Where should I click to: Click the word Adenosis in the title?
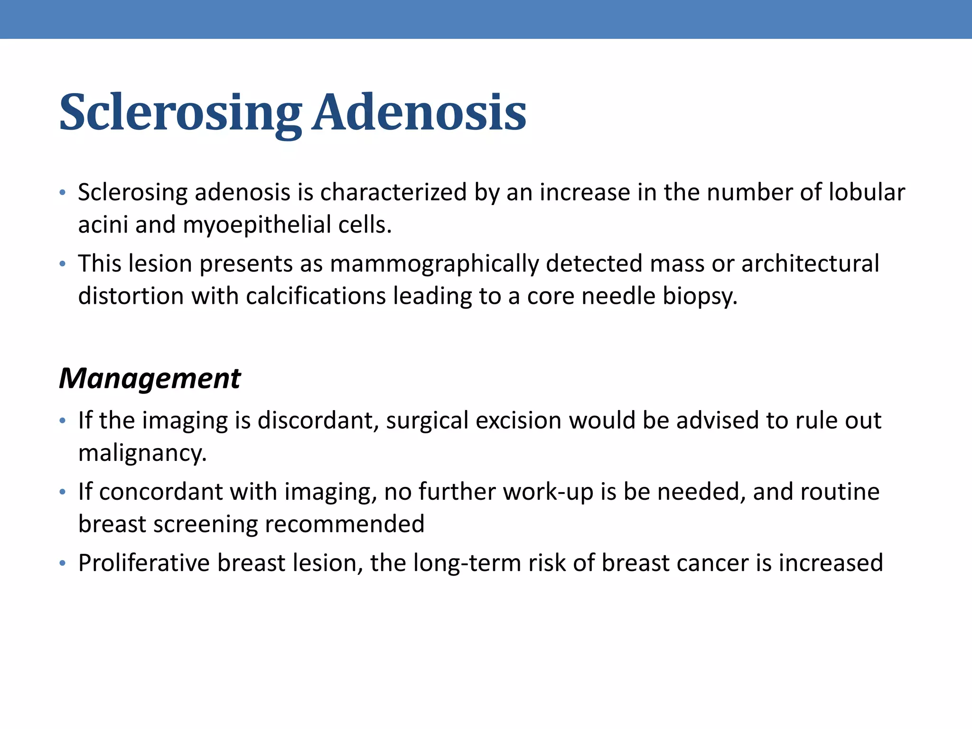point(420,113)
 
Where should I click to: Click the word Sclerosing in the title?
point(180,113)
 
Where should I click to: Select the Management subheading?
point(150,378)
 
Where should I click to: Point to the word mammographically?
point(434,264)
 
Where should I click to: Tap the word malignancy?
point(142,453)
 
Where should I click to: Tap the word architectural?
point(810,264)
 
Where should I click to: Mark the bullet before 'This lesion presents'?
point(62,264)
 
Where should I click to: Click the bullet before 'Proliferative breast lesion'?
point(62,563)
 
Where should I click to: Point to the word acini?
point(103,225)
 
